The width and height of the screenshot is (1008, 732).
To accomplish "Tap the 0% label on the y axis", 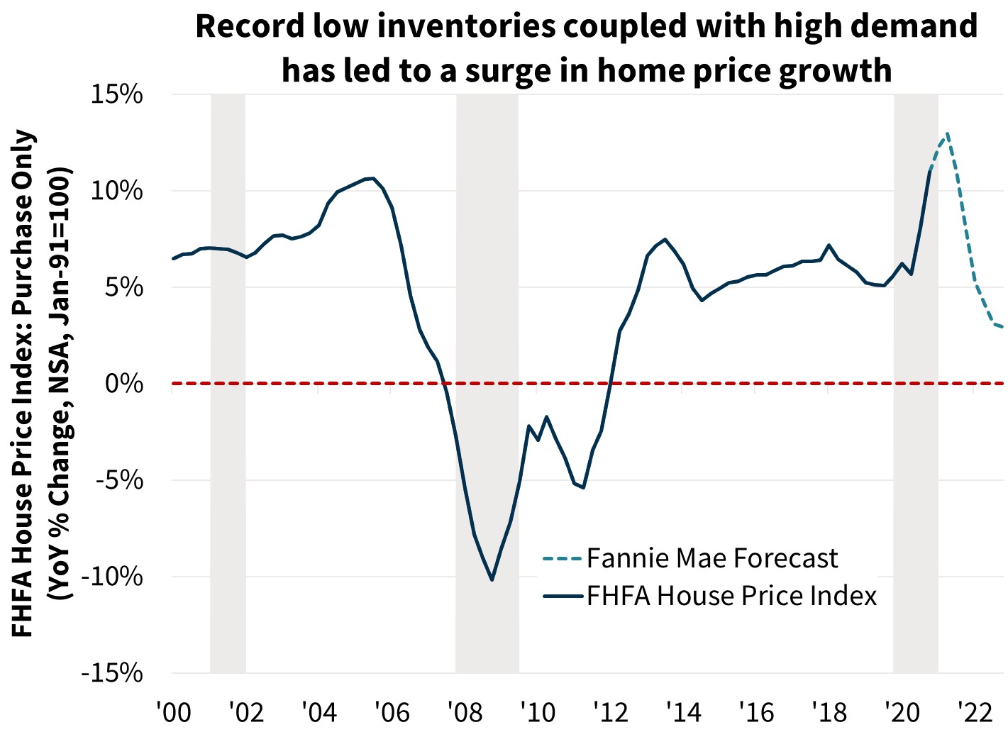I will point(125,384).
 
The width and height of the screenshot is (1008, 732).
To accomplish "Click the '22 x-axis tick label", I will point(975,710).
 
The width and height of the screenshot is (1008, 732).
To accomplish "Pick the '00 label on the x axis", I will point(172,710).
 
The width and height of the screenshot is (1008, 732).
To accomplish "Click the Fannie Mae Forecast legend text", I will point(711,559).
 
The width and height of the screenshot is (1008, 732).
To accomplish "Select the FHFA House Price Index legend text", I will point(731,596).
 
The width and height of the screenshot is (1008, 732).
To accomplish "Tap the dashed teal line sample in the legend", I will point(561,559).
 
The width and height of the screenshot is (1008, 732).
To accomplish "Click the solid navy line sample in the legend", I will point(561,596).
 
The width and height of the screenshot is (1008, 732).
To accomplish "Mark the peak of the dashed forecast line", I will point(946,133).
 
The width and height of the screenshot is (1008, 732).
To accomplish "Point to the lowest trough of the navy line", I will point(492,580).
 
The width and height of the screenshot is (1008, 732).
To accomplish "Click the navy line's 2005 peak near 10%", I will point(373,178).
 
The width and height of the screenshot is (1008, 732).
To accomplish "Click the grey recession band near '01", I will point(228,383).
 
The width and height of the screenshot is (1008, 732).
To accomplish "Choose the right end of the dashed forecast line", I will point(1002,327).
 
